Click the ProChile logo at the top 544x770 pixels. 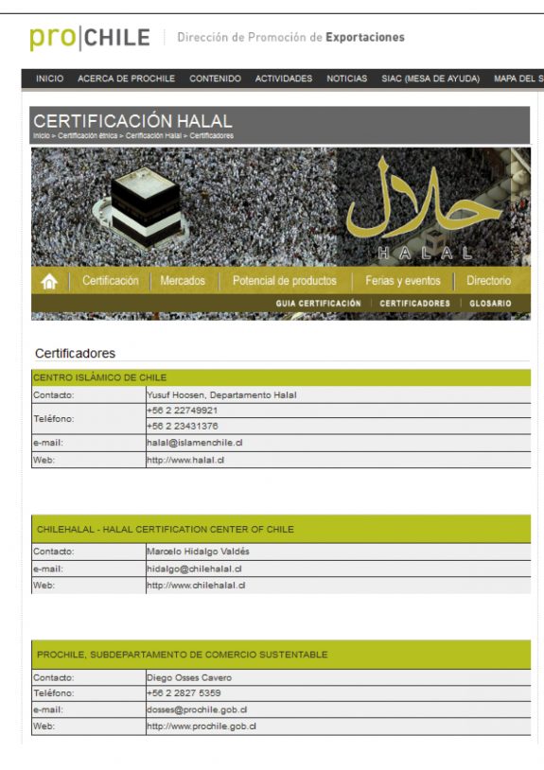pyautogui.click(x=90, y=38)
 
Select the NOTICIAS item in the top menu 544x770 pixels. pyautogui.click(x=346, y=79)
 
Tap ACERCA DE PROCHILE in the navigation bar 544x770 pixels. pyautogui.click(x=126, y=79)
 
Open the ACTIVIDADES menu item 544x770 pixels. pyautogui.click(x=283, y=79)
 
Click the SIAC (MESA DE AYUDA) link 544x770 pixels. pyautogui.click(x=430, y=79)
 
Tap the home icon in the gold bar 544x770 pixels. pyautogui.click(x=49, y=281)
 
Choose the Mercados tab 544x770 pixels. pyautogui.click(x=183, y=281)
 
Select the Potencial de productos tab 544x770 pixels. pyautogui.click(x=284, y=281)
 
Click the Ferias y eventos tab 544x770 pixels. pyautogui.click(x=403, y=281)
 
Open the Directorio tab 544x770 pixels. pyautogui.click(x=488, y=281)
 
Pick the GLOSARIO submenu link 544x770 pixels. pyautogui.click(x=490, y=304)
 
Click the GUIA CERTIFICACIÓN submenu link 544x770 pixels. pyautogui.click(x=319, y=304)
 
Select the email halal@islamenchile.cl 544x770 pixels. pyautogui.click(x=194, y=443)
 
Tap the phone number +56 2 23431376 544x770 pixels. pyautogui.click(x=182, y=427)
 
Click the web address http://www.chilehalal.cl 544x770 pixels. pyautogui.click(x=196, y=586)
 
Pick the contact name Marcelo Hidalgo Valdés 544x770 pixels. pyautogui.click(x=198, y=551)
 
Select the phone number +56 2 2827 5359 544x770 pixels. pyautogui.click(x=184, y=693)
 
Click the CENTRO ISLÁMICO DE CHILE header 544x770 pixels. pyautogui.click(x=99, y=377)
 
